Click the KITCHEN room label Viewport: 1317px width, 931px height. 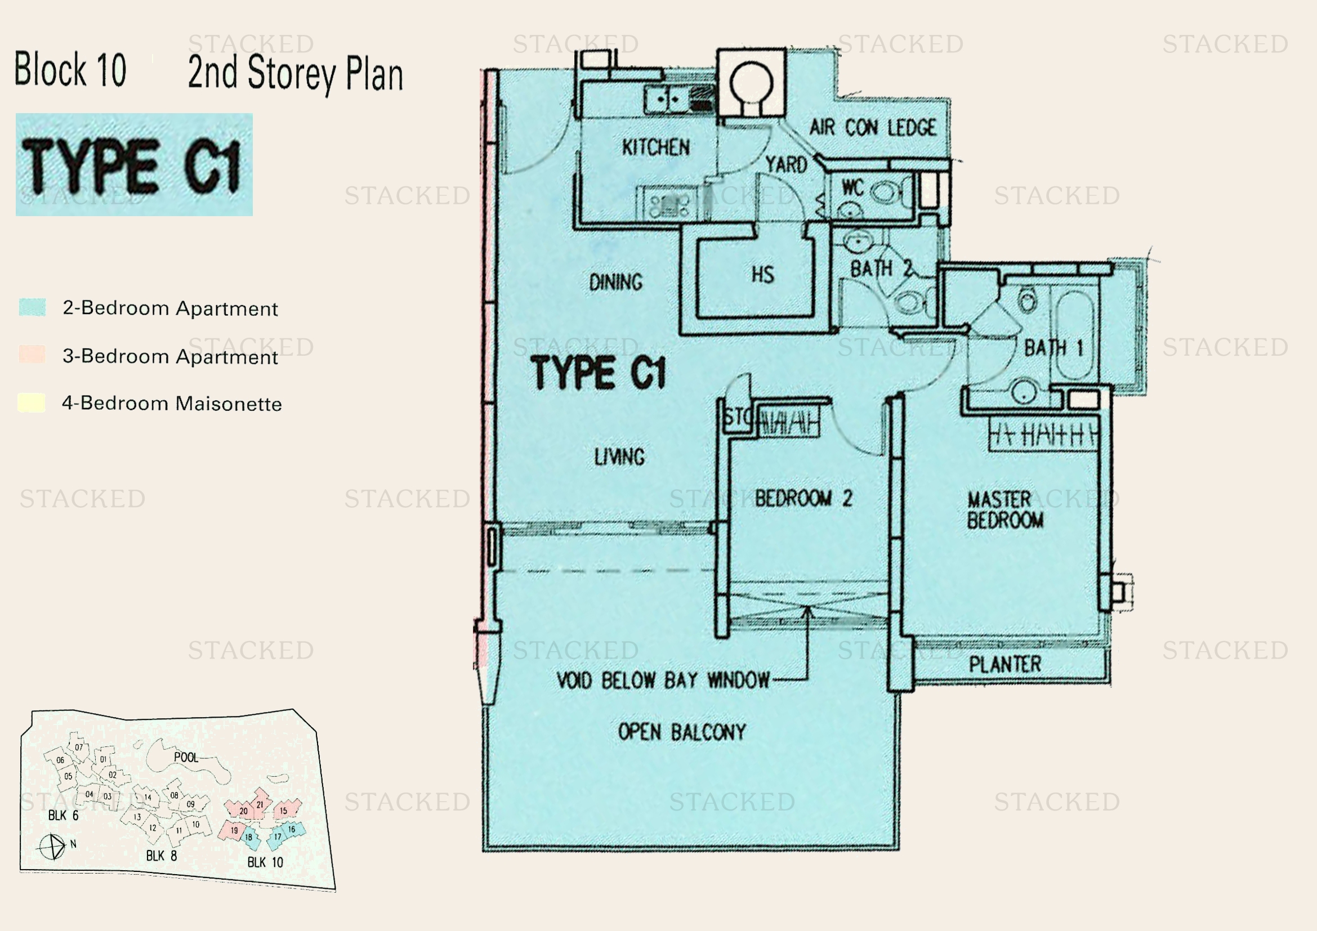click(x=655, y=147)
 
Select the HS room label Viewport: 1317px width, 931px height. click(x=763, y=275)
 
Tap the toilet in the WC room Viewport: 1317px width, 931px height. click(x=884, y=192)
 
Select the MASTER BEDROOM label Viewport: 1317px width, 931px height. click(x=1005, y=509)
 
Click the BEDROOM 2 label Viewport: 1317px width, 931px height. click(x=803, y=498)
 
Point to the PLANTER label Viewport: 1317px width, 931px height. click(x=1005, y=664)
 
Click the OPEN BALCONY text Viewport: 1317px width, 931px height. click(x=681, y=732)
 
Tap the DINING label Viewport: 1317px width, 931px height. click(x=615, y=282)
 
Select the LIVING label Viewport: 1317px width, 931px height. click(x=619, y=457)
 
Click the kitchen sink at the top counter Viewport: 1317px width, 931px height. click(x=667, y=99)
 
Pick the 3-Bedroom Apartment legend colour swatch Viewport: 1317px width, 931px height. click(x=32, y=354)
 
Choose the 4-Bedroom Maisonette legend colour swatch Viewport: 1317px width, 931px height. click(x=32, y=402)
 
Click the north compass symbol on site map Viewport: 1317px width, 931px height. click(x=52, y=847)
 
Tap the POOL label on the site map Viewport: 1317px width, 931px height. click(x=186, y=757)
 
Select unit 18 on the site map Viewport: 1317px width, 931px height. click(x=249, y=838)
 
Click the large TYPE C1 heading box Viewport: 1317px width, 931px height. click(x=133, y=164)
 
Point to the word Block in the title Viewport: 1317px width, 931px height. click(x=50, y=70)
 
